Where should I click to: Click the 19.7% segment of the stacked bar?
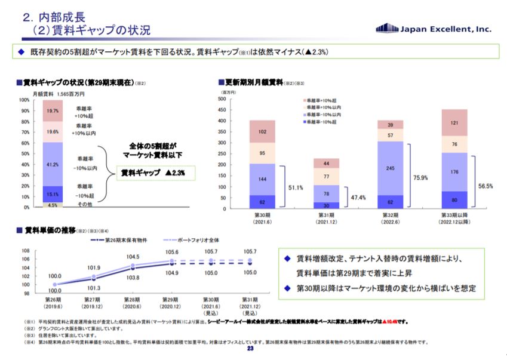pyautogui.click(x=53, y=110)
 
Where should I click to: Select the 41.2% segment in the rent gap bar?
pyautogui.click(x=53, y=164)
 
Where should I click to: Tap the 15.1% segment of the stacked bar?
pyautogui.click(x=53, y=194)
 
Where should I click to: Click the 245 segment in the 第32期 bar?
pyautogui.click(x=390, y=168)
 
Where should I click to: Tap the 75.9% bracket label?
pyautogui.click(x=420, y=177)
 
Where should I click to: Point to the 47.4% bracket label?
pyautogui.click(x=359, y=196)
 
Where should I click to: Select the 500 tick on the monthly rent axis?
pyautogui.click(x=222, y=99)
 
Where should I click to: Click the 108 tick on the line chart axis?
pyautogui.click(x=25, y=251)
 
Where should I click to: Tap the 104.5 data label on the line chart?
pyautogui.click(x=133, y=257)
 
